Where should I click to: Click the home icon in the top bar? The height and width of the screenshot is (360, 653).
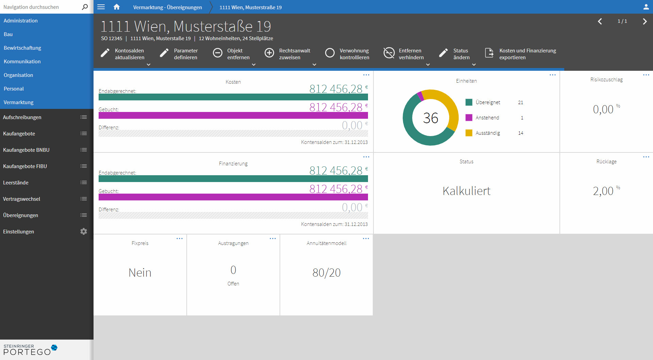pyautogui.click(x=117, y=7)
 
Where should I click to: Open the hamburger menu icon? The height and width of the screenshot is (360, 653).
pyautogui.click(x=101, y=7)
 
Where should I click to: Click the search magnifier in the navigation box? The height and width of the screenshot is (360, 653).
pyautogui.click(x=85, y=7)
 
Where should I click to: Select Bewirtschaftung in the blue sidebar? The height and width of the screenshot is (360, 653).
pyautogui.click(x=22, y=48)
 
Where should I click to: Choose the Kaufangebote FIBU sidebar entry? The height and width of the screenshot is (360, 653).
pyautogui.click(x=25, y=166)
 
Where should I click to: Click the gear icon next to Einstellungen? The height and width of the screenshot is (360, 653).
pyautogui.click(x=84, y=231)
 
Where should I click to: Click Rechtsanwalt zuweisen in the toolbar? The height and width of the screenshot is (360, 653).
pyautogui.click(x=288, y=54)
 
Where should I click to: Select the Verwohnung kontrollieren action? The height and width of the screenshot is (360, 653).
pyautogui.click(x=347, y=54)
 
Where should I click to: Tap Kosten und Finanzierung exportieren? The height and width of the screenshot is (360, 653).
pyautogui.click(x=521, y=54)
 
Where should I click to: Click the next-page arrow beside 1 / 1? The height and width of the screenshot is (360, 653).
pyautogui.click(x=644, y=21)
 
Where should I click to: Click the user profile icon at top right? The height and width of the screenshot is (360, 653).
pyautogui.click(x=646, y=7)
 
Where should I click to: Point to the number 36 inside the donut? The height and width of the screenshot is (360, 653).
pyautogui.click(x=431, y=118)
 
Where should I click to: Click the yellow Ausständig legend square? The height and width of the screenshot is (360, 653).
pyautogui.click(x=469, y=133)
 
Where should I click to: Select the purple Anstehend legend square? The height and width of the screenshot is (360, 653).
pyautogui.click(x=469, y=118)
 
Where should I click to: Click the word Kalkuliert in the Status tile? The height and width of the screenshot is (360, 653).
pyautogui.click(x=466, y=191)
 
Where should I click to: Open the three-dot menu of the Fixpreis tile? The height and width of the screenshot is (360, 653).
pyautogui.click(x=180, y=239)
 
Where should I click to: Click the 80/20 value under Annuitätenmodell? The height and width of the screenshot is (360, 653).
pyautogui.click(x=326, y=273)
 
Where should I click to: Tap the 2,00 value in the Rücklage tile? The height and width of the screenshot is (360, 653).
pyautogui.click(x=603, y=191)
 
